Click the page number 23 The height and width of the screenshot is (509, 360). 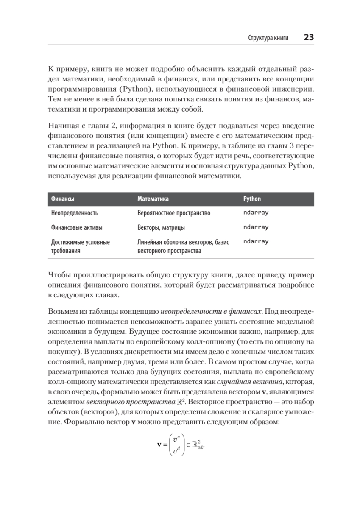tap(308, 37)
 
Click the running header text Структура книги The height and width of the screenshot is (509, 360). tap(268, 38)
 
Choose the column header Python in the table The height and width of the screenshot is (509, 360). tap(252, 199)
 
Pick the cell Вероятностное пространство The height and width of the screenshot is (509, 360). tap(174, 213)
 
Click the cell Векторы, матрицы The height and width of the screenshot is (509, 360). tap(161, 228)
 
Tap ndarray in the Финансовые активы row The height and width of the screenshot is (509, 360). tap(256, 227)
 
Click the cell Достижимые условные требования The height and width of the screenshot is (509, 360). tap(80, 246)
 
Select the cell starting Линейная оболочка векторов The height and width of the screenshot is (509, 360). tap(183, 246)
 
